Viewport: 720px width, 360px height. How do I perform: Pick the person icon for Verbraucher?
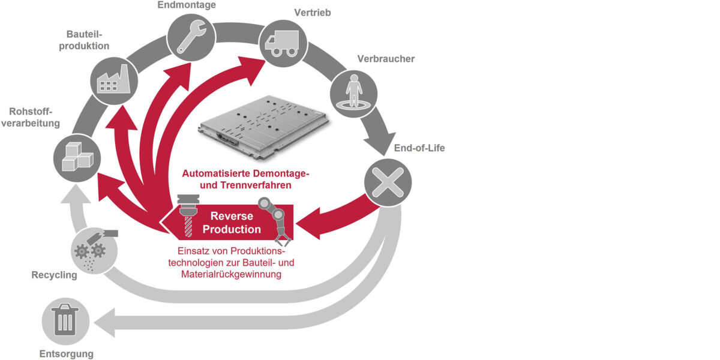click(353, 91)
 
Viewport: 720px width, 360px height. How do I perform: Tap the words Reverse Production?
click(232, 223)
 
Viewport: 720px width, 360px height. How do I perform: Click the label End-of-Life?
click(419, 148)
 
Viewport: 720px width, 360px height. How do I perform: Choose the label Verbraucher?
click(386, 59)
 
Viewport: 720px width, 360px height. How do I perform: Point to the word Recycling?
click(55, 275)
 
